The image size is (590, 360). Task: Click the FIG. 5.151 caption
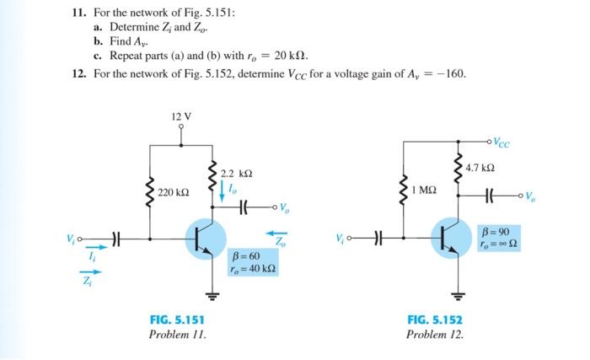pyautogui.click(x=176, y=320)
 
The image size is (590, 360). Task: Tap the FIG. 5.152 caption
pyautogui.click(x=435, y=320)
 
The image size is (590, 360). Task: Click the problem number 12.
pyautogui.click(x=78, y=73)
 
